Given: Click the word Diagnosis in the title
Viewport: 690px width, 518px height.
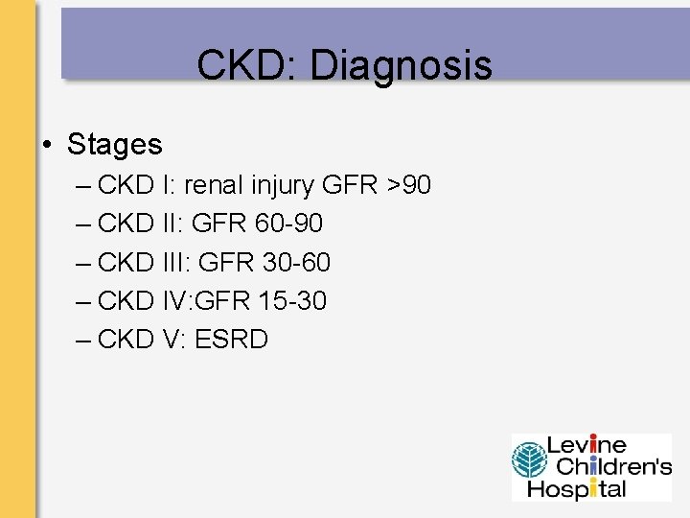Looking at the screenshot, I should click(401, 66).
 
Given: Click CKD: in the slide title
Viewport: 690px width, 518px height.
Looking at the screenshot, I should click(247, 66).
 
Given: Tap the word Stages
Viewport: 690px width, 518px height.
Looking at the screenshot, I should click(114, 145).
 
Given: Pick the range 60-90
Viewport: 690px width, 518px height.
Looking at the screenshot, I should click(289, 224).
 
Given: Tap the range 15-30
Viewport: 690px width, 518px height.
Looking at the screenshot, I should click(292, 301).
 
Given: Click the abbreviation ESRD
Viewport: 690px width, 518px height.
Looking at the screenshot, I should click(231, 340).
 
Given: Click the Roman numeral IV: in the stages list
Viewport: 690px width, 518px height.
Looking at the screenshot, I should click(174, 301).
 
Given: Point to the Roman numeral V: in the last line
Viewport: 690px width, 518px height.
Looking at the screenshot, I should click(169, 340).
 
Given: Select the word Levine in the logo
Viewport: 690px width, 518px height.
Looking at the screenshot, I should click(586, 445).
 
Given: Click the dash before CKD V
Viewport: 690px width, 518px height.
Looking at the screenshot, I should click(81, 340).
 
